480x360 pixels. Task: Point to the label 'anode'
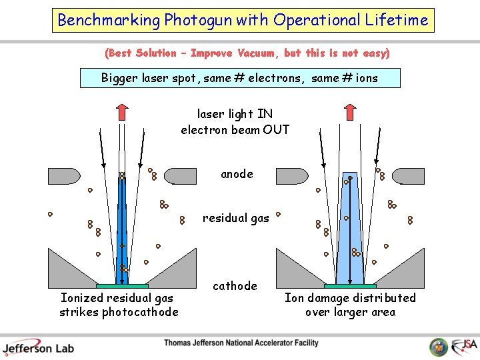[237, 174]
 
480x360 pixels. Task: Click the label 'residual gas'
[236, 218]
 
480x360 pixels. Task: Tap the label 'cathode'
[235, 286]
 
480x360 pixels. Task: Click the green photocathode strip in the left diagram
[122, 287]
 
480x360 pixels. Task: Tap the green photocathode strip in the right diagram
[349, 287]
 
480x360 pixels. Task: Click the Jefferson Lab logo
[38, 347]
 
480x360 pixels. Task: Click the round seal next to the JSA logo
[439, 347]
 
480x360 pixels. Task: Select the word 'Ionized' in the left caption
[82, 298]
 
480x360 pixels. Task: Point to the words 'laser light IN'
[235, 114]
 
